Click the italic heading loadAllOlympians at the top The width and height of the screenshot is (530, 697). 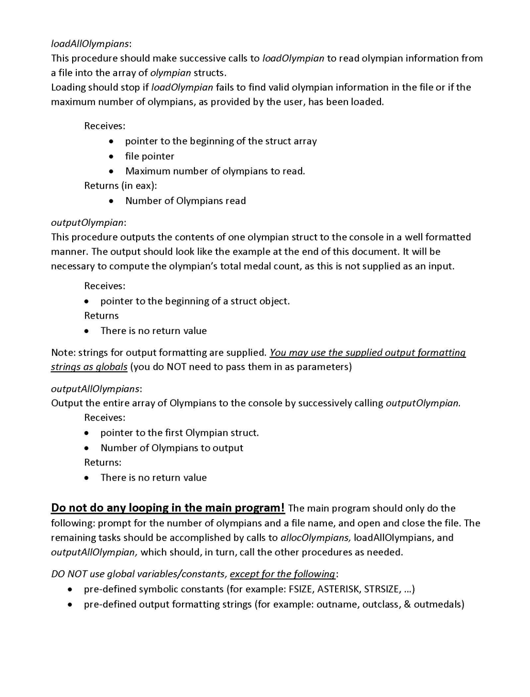point(90,43)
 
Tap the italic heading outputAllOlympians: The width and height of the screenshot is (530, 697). point(96,388)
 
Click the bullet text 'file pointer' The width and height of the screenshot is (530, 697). point(150,156)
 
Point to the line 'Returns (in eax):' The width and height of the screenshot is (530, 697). point(120,186)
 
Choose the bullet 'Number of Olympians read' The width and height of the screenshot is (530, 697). point(185,201)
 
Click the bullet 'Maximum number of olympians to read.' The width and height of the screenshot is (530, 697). point(215,171)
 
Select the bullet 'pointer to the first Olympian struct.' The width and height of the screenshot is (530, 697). point(179,433)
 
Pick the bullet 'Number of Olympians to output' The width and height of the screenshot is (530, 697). point(172,447)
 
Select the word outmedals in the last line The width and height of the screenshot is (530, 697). point(439,604)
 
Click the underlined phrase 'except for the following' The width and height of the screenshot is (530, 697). point(283,574)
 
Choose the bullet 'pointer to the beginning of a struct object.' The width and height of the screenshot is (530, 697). point(195,301)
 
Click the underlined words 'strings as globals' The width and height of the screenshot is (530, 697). point(89,367)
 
